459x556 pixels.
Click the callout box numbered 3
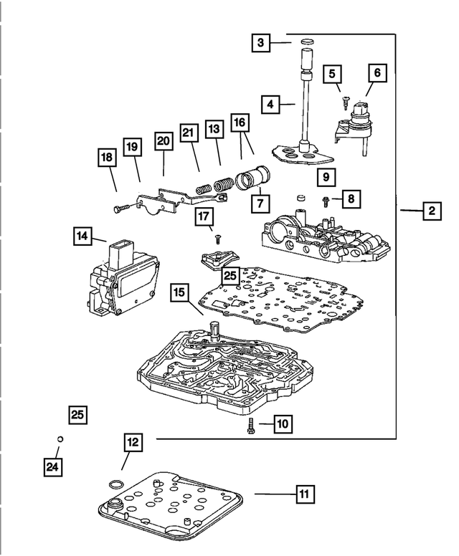coord(262,44)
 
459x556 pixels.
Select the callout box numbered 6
coord(377,72)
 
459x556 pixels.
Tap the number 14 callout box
coord(82,236)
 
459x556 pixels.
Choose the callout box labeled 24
coord(51,466)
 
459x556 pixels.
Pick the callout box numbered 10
coord(281,425)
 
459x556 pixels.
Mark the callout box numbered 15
coord(179,292)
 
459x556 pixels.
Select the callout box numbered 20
coord(164,142)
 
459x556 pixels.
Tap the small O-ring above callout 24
coord(61,439)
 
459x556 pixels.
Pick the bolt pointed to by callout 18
coord(121,208)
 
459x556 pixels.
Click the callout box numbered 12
coord(132,443)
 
